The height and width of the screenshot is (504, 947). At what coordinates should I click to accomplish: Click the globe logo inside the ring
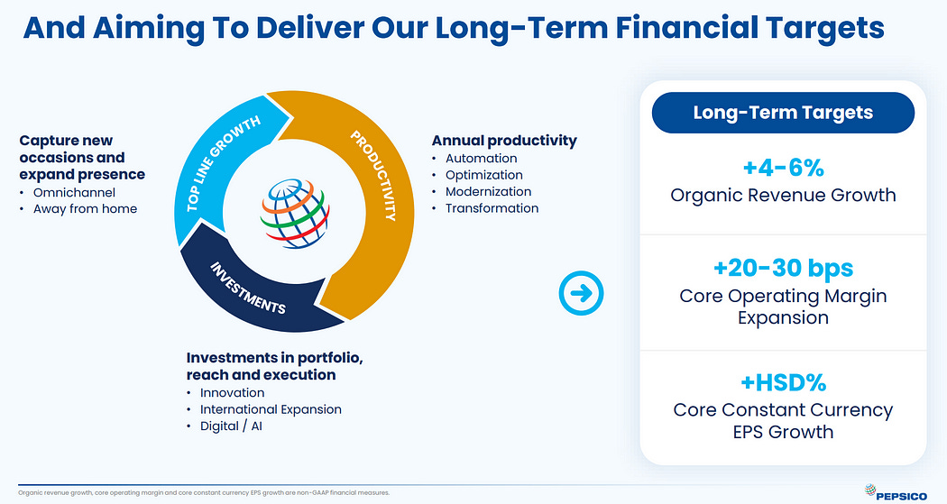click(295, 213)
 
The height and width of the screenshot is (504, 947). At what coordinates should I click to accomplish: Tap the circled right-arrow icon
click(581, 293)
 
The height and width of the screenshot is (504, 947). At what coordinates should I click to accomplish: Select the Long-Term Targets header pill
click(783, 113)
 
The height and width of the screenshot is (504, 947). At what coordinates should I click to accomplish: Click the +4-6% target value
click(783, 167)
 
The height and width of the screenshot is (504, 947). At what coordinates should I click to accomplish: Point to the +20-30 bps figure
click(783, 268)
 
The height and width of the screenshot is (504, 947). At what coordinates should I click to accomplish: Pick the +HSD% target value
click(783, 382)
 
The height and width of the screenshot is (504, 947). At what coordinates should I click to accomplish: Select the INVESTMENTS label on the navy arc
click(248, 288)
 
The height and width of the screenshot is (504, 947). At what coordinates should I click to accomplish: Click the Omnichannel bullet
click(74, 193)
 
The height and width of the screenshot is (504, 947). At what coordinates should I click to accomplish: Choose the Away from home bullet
click(85, 209)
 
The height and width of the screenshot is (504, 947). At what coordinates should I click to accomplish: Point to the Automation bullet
click(482, 158)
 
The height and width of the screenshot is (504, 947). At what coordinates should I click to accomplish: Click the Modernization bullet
click(489, 191)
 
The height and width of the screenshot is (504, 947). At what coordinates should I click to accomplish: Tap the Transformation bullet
click(492, 208)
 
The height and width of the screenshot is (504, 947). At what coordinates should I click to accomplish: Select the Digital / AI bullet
click(231, 426)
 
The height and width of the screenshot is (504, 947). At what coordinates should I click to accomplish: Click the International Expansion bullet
click(271, 409)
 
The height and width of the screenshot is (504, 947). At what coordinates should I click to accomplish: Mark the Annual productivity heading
click(504, 141)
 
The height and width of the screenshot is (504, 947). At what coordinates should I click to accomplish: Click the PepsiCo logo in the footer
click(896, 492)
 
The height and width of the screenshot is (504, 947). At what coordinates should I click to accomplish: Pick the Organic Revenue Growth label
click(783, 195)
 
